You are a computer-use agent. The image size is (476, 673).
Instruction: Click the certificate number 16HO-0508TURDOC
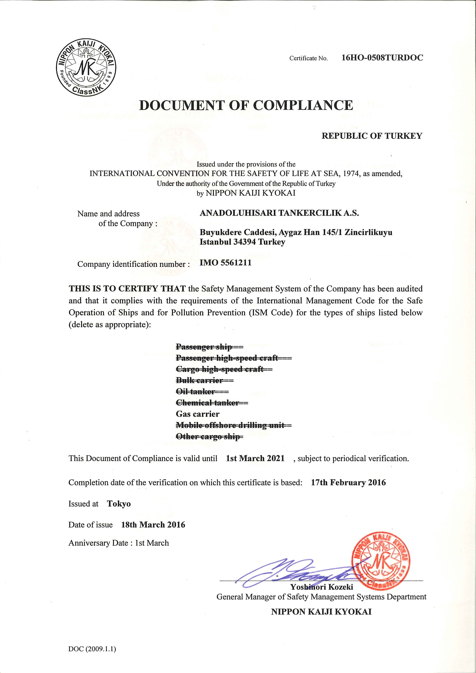pyautogui.click(x=382, y=58)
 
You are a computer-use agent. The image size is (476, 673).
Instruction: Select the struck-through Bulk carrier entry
pyautogui.click(x=199, y=380)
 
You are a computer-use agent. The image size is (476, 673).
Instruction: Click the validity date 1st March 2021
pyautogui.click(x=255, y=459)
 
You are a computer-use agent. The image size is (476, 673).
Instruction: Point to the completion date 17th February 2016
pyautogui.click(x=348, y=482)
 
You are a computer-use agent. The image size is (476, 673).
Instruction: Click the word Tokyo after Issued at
pyautogui.click(x=119, y=504)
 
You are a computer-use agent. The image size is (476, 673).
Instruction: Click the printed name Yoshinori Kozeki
pyautogui.click(x=321, y=587)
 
